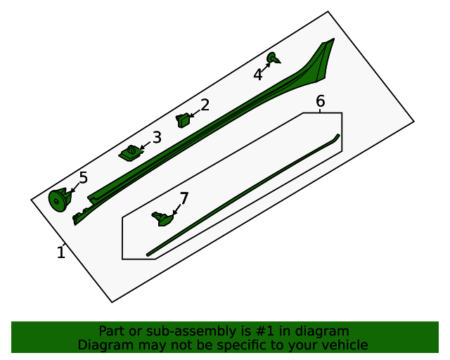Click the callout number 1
point(61,252)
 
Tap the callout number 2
point(205,105)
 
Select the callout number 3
point(157,137)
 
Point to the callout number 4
point(258,75)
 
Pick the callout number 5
point(83,178)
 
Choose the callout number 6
point(321,101)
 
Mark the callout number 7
point(184,198)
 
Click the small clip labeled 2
point(183,120)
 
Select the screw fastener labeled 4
point(274,58)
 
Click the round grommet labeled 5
point(60,200)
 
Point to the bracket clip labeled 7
point(162,219)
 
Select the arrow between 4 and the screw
point(266,67)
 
